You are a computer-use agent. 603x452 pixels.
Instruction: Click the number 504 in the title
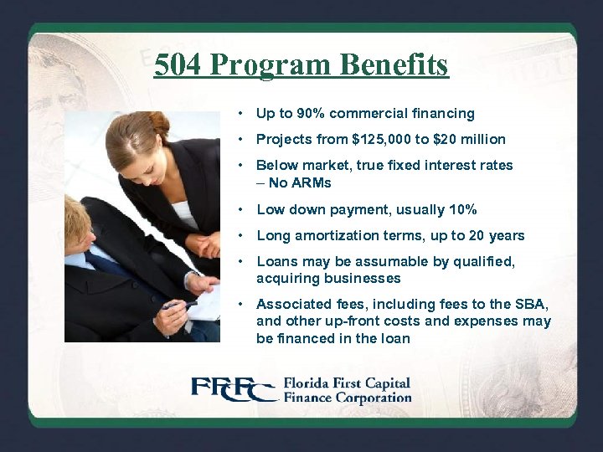179,64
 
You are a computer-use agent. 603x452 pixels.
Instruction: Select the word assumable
370,262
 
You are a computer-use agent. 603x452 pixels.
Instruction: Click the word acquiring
285,279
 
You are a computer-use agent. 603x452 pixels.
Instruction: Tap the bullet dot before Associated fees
240,305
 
